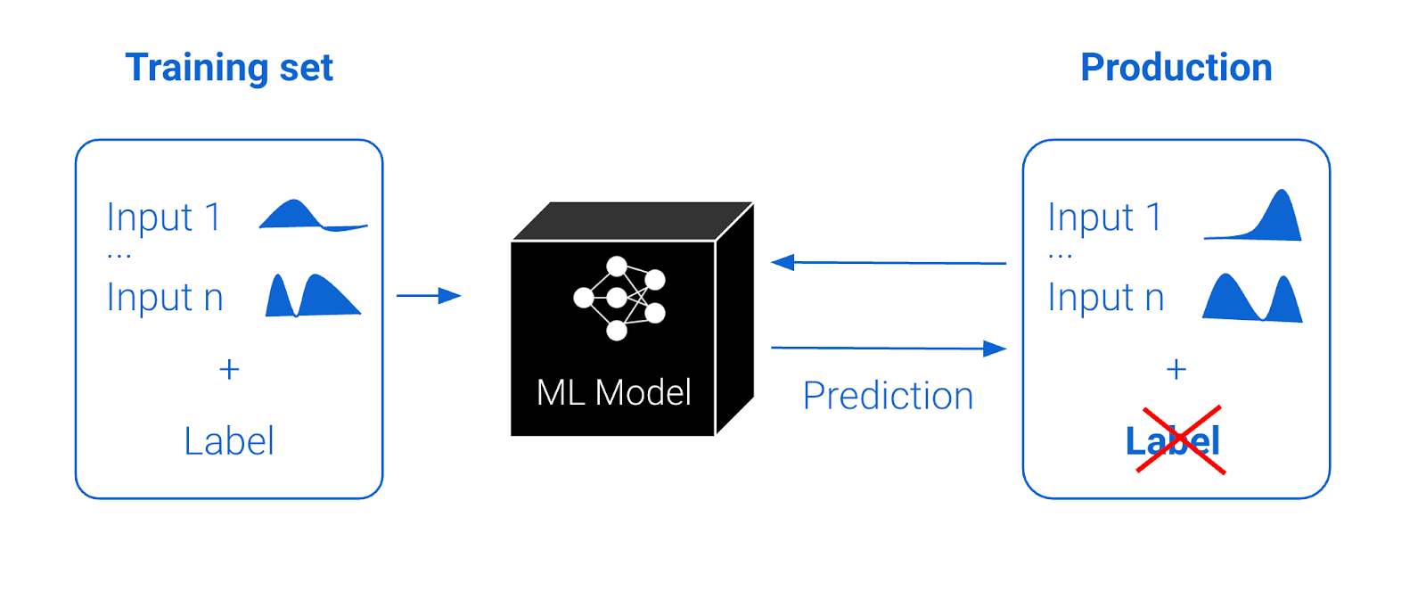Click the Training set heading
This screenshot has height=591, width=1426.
click(x=229, y=68)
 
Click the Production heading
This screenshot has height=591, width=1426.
click(x=1176, y=68)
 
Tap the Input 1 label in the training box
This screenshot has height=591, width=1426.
click(x=164, y=217)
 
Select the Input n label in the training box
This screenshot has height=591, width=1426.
click(x=165, y=298)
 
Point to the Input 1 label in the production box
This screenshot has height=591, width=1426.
click(x=1104, y=217)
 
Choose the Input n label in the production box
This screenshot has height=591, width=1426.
click(x=1106, y=298)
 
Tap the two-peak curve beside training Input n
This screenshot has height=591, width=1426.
click(x=313, y=295)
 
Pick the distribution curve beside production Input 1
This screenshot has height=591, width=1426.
click(x=1253, y=215)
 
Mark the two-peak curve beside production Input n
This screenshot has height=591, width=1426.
click(x=1252, y=298)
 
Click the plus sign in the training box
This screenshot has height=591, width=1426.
click(x=229, y=369)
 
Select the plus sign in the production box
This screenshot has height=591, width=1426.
click(x=1176, y=369)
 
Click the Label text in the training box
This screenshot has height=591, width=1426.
click(x=229, y=440)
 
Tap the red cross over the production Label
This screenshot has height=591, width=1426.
click(x=1181, y=440)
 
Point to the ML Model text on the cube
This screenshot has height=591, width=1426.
click(x=614, y=392)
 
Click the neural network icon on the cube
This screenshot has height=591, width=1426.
click(x=619, y=298)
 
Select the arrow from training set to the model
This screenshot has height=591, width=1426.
click(x=429, y=296)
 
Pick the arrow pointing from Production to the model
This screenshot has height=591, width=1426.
click(x=889, y=262)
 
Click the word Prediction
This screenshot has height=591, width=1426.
click(x=888, y=396)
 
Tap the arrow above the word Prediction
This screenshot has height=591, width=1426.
click(x=889, y=349)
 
